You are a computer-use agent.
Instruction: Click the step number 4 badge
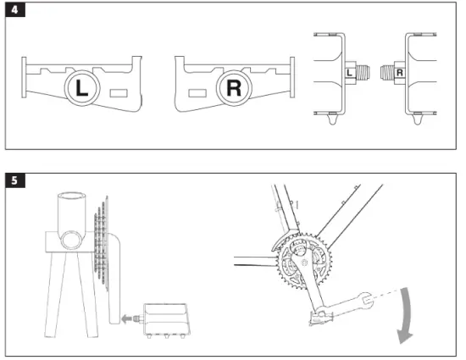[x=15, y=9]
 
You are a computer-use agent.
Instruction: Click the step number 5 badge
[x=15, y=180]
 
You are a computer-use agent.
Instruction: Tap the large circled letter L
[x=82, y=88]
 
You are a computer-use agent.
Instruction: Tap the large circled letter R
[x=234, y=88]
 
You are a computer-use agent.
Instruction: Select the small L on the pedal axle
[x=349, y=73]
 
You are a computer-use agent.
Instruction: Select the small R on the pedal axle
[x=400, y=73]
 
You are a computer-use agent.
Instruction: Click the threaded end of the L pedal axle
[x=363, y=73]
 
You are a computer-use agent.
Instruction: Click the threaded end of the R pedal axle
[x=387, y=73]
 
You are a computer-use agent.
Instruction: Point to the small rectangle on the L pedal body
[x=119, y=93]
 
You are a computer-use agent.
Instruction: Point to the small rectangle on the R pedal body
[x=197, y=93]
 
